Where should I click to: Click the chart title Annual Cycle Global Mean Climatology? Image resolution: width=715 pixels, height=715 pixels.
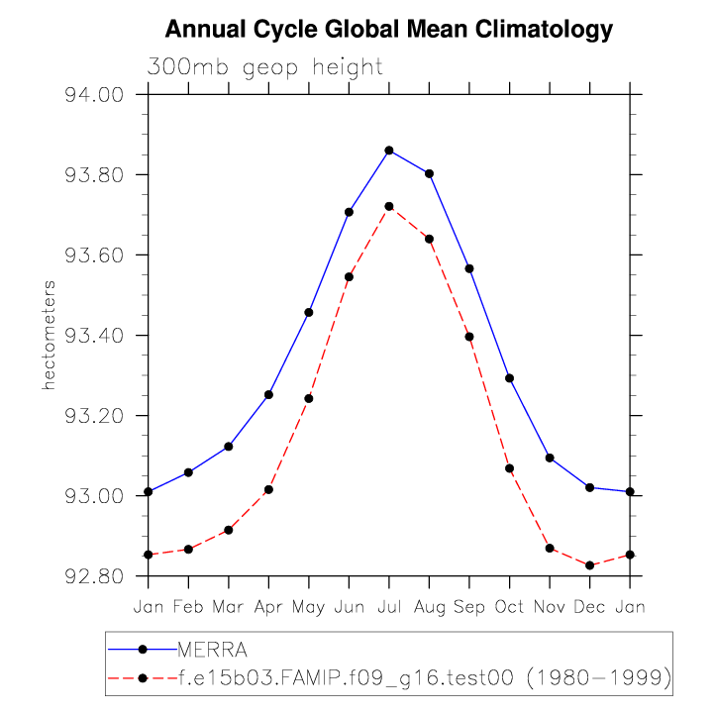(389, 30)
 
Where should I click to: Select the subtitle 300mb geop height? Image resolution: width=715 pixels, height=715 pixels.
(264, 67)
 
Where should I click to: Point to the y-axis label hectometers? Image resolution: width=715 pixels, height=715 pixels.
(48, 335)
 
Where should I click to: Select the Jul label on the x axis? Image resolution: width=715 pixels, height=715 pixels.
(389, 606)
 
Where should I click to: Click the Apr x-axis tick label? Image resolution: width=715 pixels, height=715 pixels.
(268, 606)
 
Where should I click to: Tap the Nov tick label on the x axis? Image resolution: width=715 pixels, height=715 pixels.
(550, 606)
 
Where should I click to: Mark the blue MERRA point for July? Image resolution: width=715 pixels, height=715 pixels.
(389, 151)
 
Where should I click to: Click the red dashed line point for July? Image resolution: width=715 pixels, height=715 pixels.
(389, 206)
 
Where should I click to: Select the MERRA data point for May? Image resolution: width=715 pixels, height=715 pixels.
(309, 312)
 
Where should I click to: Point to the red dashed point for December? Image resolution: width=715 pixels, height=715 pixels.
(590, 565)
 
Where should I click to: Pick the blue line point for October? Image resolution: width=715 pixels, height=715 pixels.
(510, 378)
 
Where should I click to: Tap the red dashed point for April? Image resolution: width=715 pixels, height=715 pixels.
(268, 489)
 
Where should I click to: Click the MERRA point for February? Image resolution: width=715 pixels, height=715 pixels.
(188, 472)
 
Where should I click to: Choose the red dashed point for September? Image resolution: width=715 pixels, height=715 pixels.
(469, 337)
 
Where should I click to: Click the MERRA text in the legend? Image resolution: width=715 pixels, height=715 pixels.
(212, 650)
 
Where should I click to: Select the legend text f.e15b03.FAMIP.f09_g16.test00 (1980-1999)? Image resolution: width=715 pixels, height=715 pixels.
(425, 677)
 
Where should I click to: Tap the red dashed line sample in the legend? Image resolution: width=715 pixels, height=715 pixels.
(142, 677)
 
